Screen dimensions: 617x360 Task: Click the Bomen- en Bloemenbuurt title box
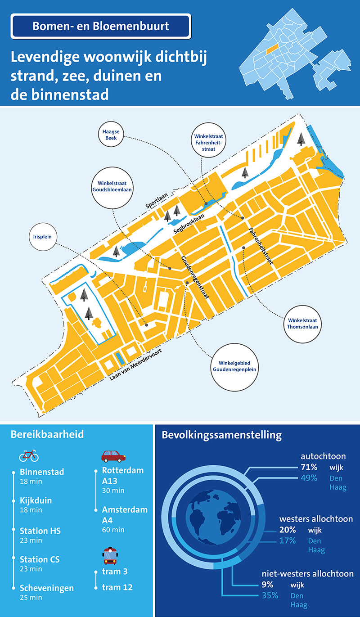click(x=101, y=26)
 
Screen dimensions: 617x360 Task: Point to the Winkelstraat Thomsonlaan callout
click(x=302, y=324)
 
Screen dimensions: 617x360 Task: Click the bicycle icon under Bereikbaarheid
click(x=29, y=456)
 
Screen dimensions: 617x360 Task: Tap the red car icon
click(x=113, y=456)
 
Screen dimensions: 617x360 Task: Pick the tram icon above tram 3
click(x=111, y=556)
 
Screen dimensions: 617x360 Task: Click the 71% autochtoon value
click(x=309, y=467)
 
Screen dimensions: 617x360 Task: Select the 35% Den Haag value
click(x=270, y=596)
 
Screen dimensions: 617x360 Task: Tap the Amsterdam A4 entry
click(x=125, y=514)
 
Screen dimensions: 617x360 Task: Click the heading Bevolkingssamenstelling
click(x=221, y=436)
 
